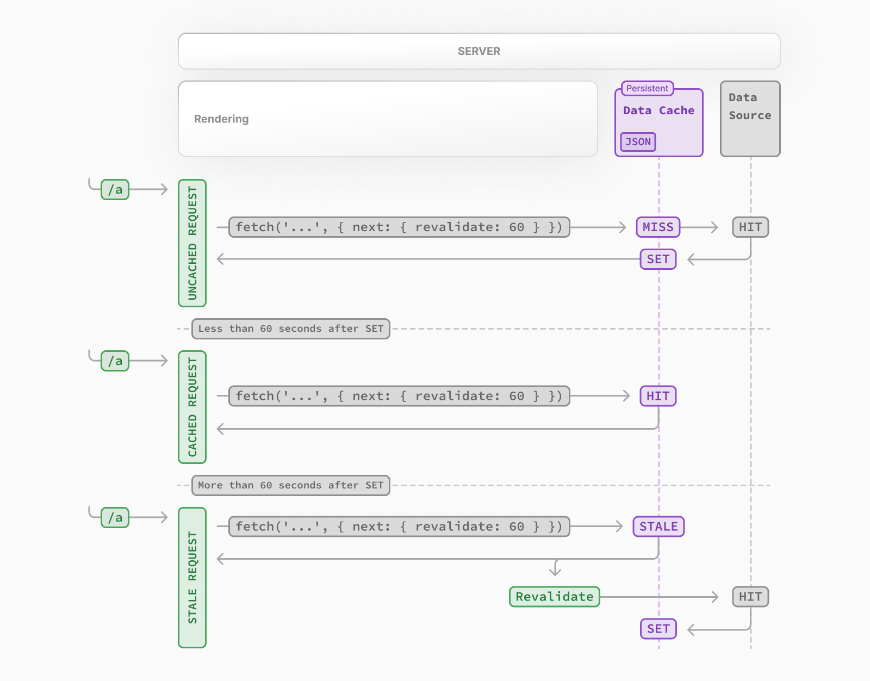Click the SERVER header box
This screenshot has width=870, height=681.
coord(479,51)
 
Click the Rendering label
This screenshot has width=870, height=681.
coord(221,119)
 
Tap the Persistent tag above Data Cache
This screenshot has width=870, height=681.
coord(647,88)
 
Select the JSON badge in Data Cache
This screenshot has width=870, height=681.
coord(638,142)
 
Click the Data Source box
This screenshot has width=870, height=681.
coord(750,119)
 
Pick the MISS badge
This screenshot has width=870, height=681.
coord(658,227)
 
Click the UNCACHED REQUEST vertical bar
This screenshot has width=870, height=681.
coord(192,243)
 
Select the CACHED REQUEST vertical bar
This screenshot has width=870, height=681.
coord(192,407)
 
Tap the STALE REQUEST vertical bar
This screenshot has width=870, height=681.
coord(192,577)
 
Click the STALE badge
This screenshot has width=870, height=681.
coord(658,527)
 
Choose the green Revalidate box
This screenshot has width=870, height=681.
coord(555,597)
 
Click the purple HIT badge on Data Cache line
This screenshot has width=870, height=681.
coord(658,396)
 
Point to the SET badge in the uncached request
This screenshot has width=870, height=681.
coord(658,259)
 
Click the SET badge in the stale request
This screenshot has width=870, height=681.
coord(658,629)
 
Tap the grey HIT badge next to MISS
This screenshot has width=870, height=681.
coord(750,227)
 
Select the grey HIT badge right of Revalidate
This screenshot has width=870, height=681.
coord(750,597)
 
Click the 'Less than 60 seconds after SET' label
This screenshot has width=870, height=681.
coord(291,329)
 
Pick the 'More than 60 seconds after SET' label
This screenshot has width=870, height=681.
coord(291,485)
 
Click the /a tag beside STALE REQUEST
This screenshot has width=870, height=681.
coord(115,517)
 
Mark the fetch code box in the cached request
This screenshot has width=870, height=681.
coord(399,396)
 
